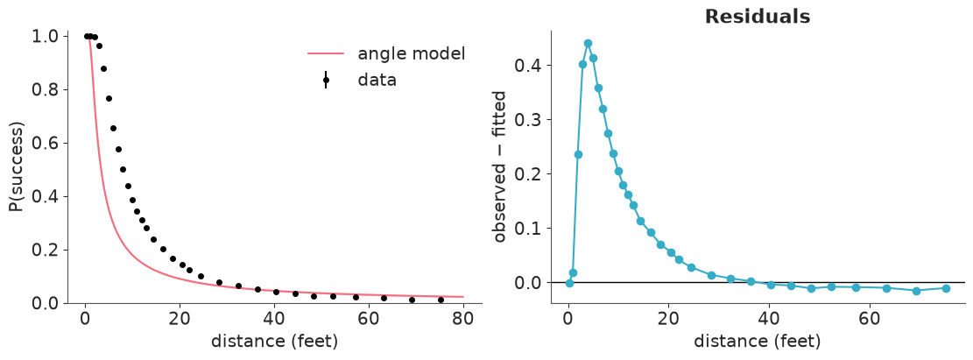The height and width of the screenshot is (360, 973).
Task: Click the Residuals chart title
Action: pos(758,17)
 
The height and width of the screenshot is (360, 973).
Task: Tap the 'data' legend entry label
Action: pos(377,80)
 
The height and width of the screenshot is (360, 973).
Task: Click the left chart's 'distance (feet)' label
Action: pos(274,342)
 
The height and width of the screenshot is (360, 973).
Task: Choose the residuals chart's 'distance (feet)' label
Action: pos(757,342)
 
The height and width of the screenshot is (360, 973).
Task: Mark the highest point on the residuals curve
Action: pos(588,44)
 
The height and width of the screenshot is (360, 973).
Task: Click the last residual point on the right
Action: pos(947,288)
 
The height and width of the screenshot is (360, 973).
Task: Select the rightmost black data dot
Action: pos(441,300)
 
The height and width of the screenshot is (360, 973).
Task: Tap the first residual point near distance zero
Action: pos(569,283)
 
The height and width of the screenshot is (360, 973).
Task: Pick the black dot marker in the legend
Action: pos(326,80)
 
